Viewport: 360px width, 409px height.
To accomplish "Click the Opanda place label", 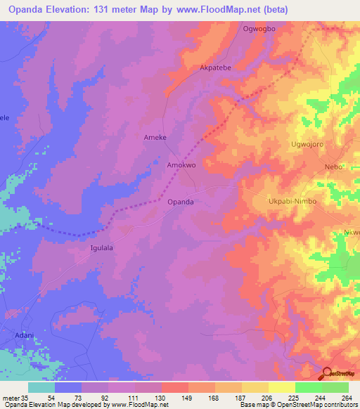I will click(181, 202).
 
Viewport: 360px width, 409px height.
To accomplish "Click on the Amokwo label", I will click(180, 165).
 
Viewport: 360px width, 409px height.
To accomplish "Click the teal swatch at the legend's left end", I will click(41, 387).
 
